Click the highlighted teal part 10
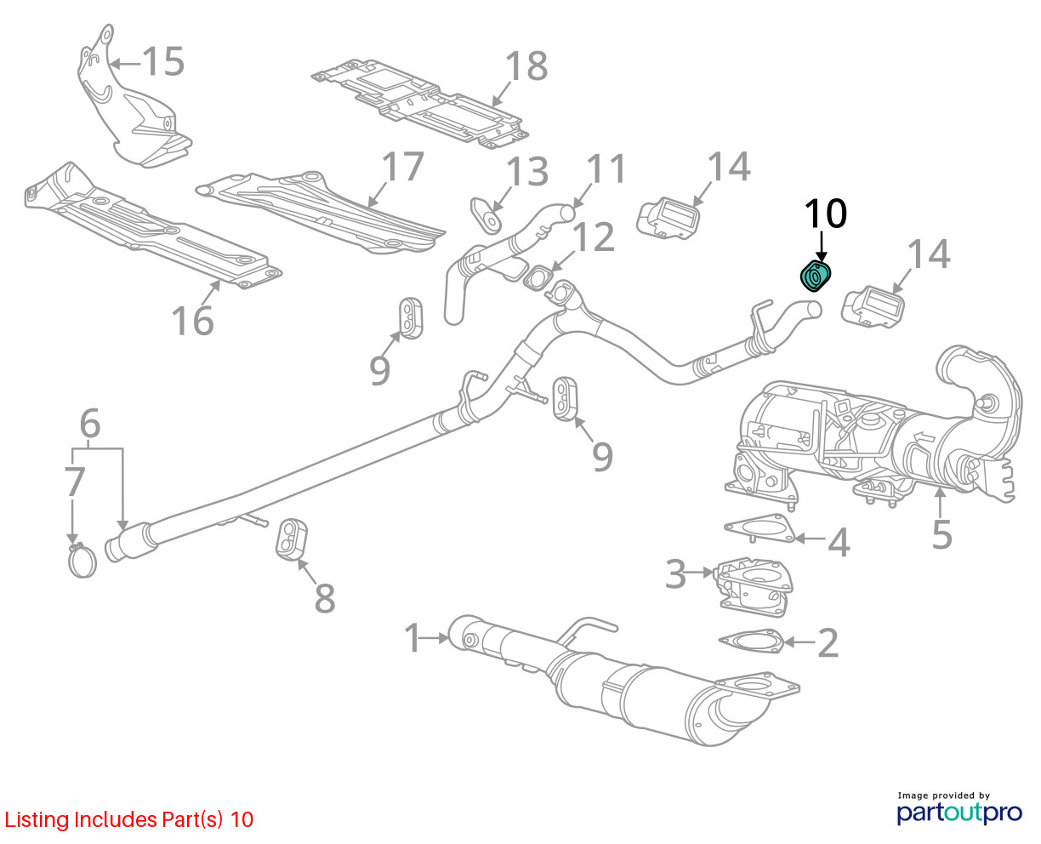pos(816,277)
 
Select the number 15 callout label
pos(162,61)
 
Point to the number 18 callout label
pos(526,66)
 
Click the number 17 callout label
pos(401,167)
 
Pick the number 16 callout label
pos(192,321)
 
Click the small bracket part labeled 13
pos(486,214)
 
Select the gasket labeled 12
pos(539,277)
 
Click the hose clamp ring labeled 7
pos(82,562)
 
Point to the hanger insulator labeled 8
pos(291,537)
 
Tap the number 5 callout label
pos(941,533)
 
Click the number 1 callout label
pos(412,638)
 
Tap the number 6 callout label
pos(90,423)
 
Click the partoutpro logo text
pos(959,813)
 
